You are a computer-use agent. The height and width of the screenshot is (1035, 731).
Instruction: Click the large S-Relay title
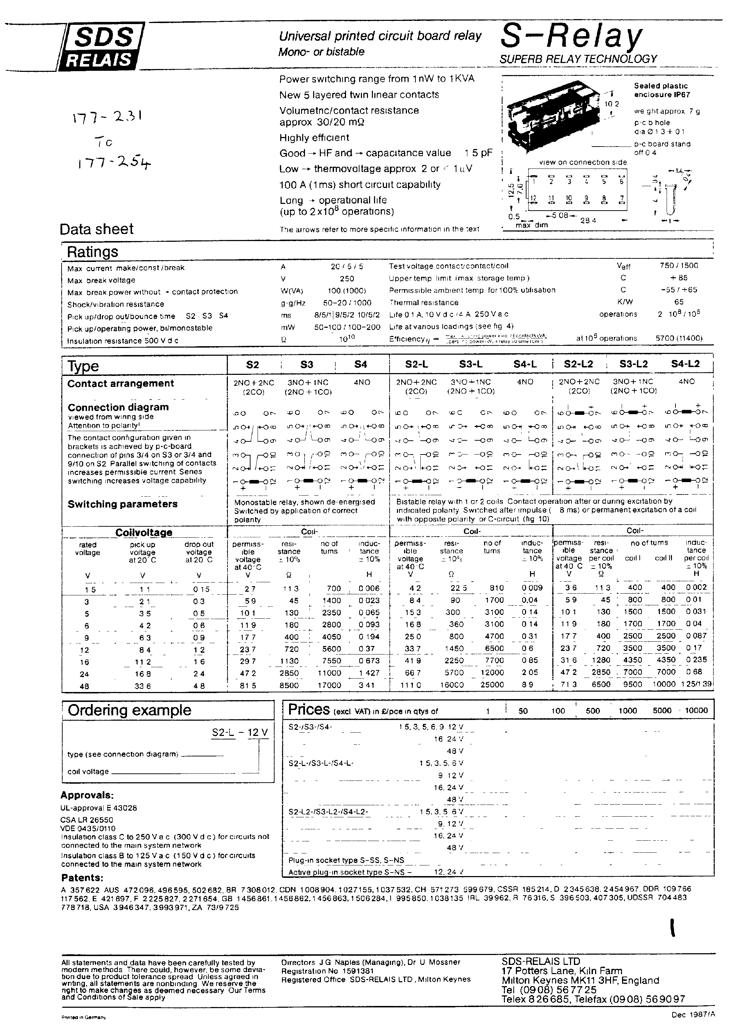click(x=571, y=37)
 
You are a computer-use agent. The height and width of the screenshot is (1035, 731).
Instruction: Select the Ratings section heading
click(x=92, y=252)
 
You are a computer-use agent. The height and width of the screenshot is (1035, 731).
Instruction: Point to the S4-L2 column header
click(x=685, y=364)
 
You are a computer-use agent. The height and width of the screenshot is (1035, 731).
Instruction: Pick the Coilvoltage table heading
click(x=144, y=532)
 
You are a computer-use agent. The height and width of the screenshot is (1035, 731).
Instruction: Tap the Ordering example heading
click(x=129, y=710)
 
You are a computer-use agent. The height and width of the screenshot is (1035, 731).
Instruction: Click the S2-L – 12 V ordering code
click(x=240, y=732)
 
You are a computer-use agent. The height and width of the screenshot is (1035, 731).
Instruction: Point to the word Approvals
click(x=87, y=795)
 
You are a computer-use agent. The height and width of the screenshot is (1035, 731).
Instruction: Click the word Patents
click(x=82, y=878)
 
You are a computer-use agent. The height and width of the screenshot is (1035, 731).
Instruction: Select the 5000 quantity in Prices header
click(x=662, y=711)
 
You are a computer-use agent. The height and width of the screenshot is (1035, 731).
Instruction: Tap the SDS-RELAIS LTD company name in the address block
click(x=541, y=961)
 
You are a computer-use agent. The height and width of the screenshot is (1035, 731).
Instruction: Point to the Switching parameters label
click(x=122, y=504)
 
